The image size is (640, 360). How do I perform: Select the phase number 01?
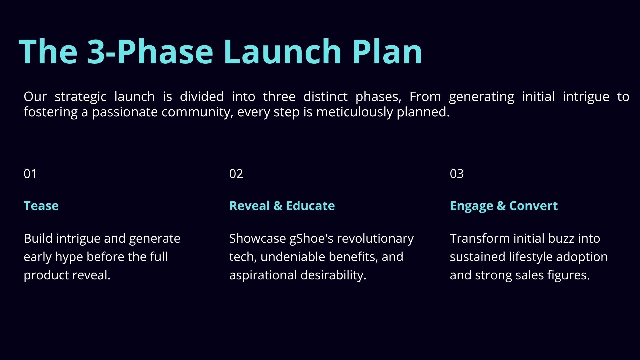[30, 174]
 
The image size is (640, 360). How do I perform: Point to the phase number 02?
[236, 174]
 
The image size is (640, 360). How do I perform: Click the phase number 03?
[457, 174]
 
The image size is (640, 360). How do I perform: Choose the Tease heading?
[41, 206]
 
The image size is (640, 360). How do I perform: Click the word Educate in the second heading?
[310, 206]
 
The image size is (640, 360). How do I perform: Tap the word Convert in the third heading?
[533, 206]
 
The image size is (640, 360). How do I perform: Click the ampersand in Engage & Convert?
[501, 206]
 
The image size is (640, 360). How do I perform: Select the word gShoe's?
[311, 239]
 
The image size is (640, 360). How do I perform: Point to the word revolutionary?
[375, 239]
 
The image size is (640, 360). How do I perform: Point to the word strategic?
[81, 97]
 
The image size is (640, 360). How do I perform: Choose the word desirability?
[333, 275]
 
